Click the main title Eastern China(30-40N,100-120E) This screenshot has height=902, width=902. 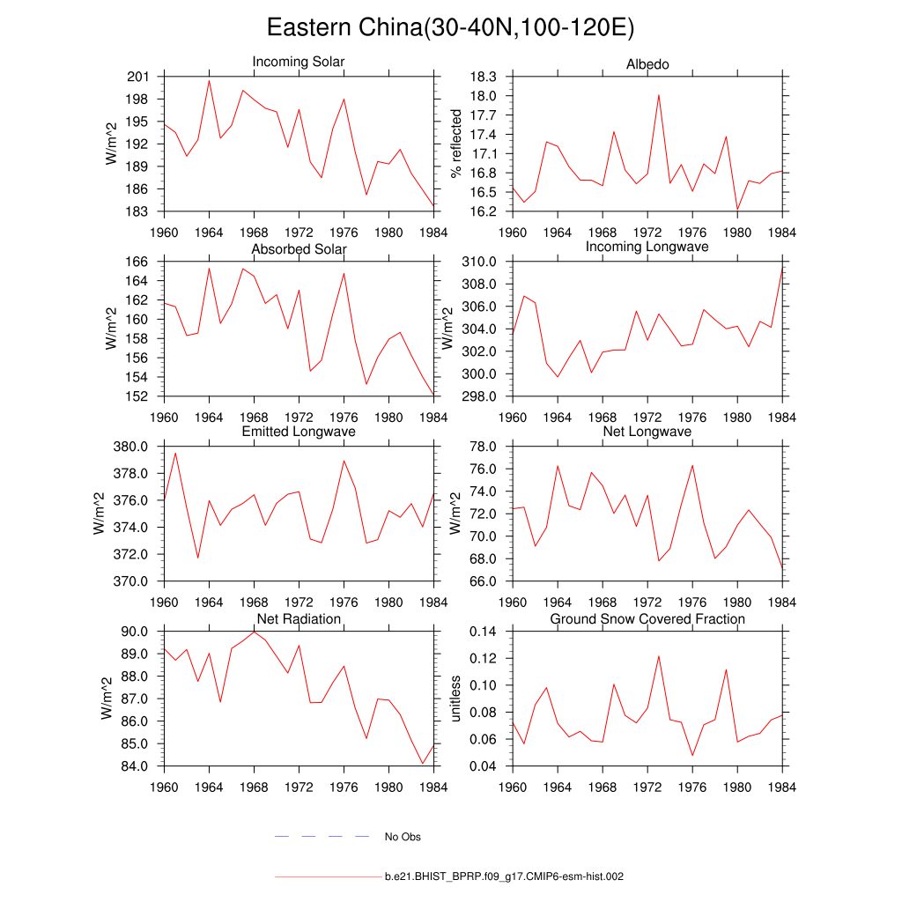[450, 28]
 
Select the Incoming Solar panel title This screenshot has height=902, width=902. [299, 63]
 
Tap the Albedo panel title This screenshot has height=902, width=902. [647, 64]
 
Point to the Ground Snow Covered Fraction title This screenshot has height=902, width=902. [647, 619]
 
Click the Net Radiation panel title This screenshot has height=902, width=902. [299, 619]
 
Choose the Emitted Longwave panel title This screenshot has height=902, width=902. [299, 432]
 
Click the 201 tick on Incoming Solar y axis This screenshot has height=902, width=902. [137, 77]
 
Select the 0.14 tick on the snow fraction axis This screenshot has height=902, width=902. [484, 632]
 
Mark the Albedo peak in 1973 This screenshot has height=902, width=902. [659, 95]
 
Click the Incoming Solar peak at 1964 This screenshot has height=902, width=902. [209, 81]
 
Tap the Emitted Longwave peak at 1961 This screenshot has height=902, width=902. [175, 453]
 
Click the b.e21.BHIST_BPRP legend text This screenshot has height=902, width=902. [504, 877]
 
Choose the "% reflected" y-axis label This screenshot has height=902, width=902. [456, 144]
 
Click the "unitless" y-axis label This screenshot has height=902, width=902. [456, 699]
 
